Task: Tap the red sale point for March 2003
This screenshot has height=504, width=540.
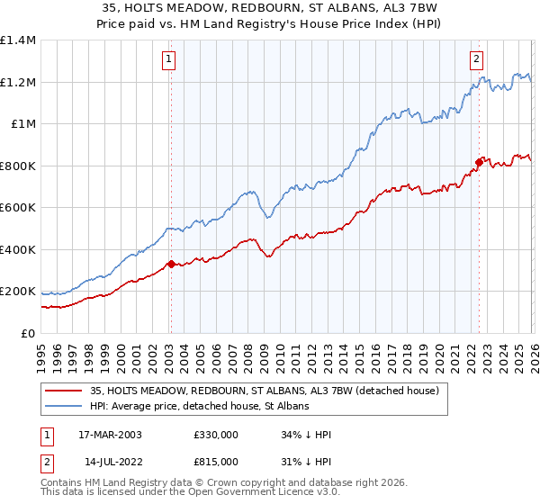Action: [x=171, y=264]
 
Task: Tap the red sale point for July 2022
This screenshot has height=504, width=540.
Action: [x=479, y=162]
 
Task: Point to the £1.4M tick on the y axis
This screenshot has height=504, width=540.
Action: [x=18, y=40]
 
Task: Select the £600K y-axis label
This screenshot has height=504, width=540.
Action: [x=18, y=208]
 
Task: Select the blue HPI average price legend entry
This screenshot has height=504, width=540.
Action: [x=199, y=407]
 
